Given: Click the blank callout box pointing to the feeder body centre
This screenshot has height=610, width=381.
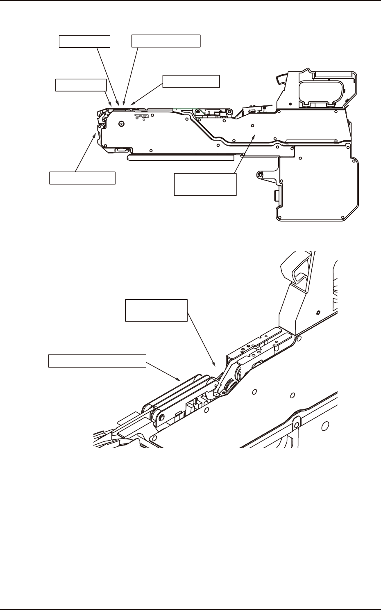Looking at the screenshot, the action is [x=205, y=184].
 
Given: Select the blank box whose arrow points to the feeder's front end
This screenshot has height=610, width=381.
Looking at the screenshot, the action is [x=82, y=178].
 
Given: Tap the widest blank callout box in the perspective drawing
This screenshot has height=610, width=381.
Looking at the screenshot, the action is [x=97, y=361].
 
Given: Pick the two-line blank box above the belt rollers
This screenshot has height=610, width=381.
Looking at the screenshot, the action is [x=156, y=311].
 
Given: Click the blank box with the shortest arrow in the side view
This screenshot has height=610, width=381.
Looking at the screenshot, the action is [x=81, y=85].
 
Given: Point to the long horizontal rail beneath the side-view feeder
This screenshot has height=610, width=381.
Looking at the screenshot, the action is [x=180, y=157].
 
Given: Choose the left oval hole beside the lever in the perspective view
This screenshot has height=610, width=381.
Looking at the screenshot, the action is [x=254, y=392].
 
